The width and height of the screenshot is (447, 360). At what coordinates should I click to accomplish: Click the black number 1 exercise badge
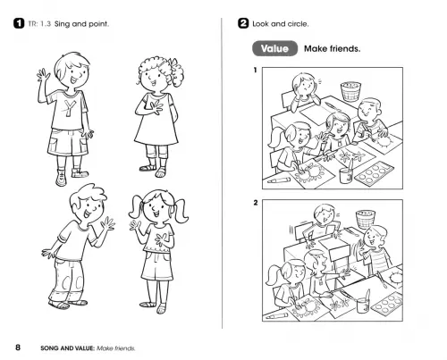[x=19, y=23]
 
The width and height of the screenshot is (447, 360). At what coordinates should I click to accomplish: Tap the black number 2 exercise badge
[x=243, y=23]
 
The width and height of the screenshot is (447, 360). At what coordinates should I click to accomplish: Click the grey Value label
[x=274, y=48]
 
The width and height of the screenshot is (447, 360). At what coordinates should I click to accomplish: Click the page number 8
[x=18, y=347]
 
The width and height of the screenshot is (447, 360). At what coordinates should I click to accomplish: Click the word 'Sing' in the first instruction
[x=63, y=24]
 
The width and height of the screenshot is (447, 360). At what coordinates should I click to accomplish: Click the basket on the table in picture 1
[x=350, y=91]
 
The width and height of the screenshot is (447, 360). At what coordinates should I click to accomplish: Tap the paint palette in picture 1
[x=375, y=173]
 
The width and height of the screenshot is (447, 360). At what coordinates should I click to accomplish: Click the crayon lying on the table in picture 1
[x=279, y=180]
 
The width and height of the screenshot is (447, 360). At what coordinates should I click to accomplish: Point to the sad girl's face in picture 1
[x=306, y=87]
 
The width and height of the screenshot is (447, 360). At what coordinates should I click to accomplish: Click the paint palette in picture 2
[x=387, y=303]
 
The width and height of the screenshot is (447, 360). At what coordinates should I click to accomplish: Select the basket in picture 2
[x=366, y=219]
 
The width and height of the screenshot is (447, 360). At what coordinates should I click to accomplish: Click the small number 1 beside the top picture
[x=255, y=71]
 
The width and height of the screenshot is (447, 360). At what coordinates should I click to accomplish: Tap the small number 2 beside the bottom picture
[x=256, y=203]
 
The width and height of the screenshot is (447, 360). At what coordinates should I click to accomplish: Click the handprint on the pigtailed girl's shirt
[x=161, y=239]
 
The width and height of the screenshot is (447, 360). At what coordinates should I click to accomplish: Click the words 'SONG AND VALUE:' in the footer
[x=68, y=348]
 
